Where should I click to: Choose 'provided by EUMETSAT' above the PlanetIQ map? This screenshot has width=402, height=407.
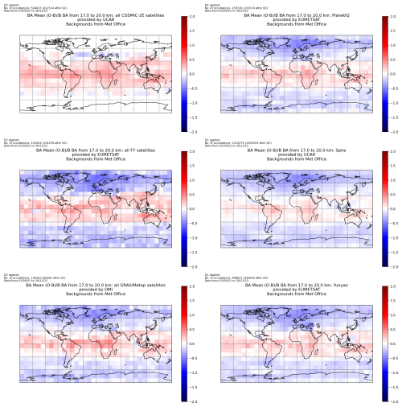(x=298, y=19)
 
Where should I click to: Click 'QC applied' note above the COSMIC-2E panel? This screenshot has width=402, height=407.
(x=11, y=3)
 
